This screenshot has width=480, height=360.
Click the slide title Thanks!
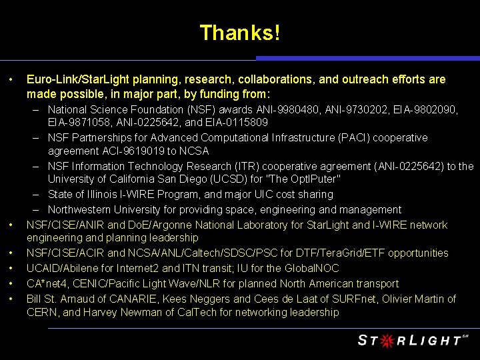click(240, 32)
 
